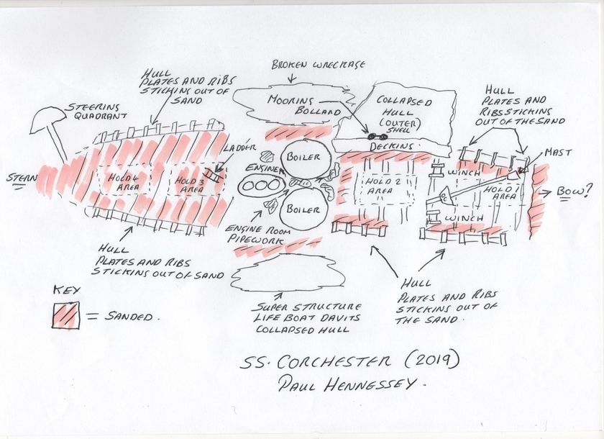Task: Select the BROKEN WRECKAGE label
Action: click(319, 65)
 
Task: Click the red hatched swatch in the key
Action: click(65, 315)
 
